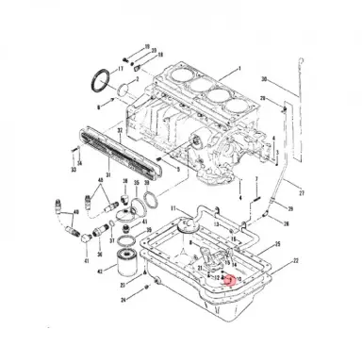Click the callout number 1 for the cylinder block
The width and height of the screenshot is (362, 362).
pos(239,71)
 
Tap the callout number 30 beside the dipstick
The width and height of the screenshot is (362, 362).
pos(264,78)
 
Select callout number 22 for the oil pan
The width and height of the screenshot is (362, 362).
pos(296,259)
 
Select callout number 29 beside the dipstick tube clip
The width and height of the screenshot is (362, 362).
pos(264,98)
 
